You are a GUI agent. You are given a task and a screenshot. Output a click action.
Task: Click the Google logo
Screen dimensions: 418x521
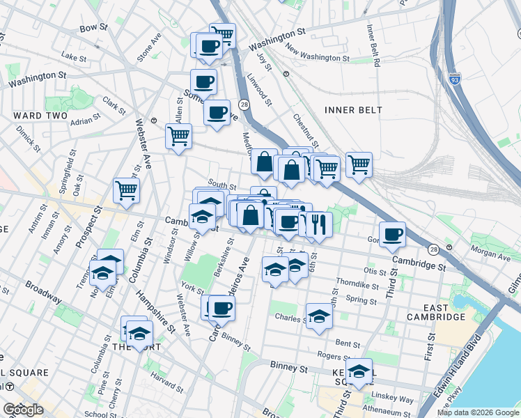click(23, 410)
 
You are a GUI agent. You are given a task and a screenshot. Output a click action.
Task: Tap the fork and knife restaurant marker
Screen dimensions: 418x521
click(319, 224)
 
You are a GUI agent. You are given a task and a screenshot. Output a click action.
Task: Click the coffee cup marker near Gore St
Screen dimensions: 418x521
click(392, 234)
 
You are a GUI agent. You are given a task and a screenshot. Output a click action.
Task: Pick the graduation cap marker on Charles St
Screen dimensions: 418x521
click(319, 316)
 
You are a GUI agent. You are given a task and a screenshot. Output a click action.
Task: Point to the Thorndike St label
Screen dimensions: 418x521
click(357, 285)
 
